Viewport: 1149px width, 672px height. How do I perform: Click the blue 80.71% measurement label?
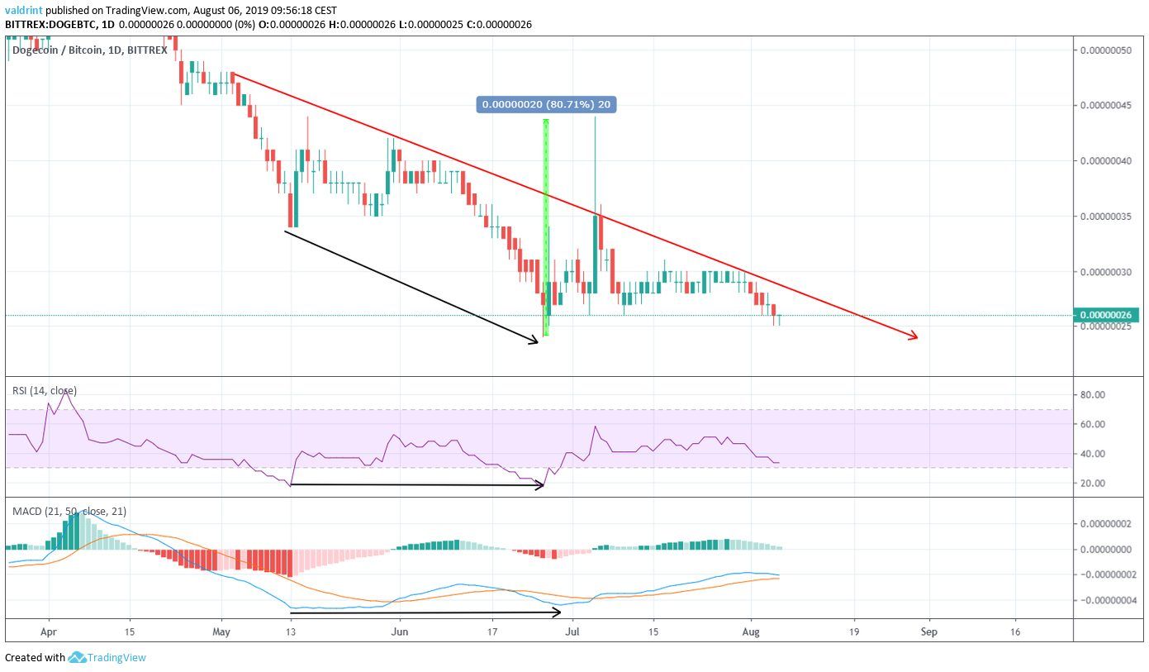547,104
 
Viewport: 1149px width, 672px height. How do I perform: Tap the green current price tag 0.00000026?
1105,315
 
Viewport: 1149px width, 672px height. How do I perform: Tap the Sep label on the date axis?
929,631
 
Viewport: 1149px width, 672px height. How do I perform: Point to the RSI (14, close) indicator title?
45,390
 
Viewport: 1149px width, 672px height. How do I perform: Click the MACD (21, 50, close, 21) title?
69,512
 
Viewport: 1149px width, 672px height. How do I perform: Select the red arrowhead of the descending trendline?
914,336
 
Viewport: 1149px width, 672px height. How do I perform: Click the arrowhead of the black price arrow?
535,339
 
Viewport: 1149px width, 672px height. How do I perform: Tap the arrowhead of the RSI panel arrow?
540,485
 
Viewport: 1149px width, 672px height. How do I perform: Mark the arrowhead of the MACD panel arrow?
558,612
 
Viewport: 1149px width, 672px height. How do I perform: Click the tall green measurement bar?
546,227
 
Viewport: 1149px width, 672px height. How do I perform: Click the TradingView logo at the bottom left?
107,658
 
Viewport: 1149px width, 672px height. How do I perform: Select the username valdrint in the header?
23,10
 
